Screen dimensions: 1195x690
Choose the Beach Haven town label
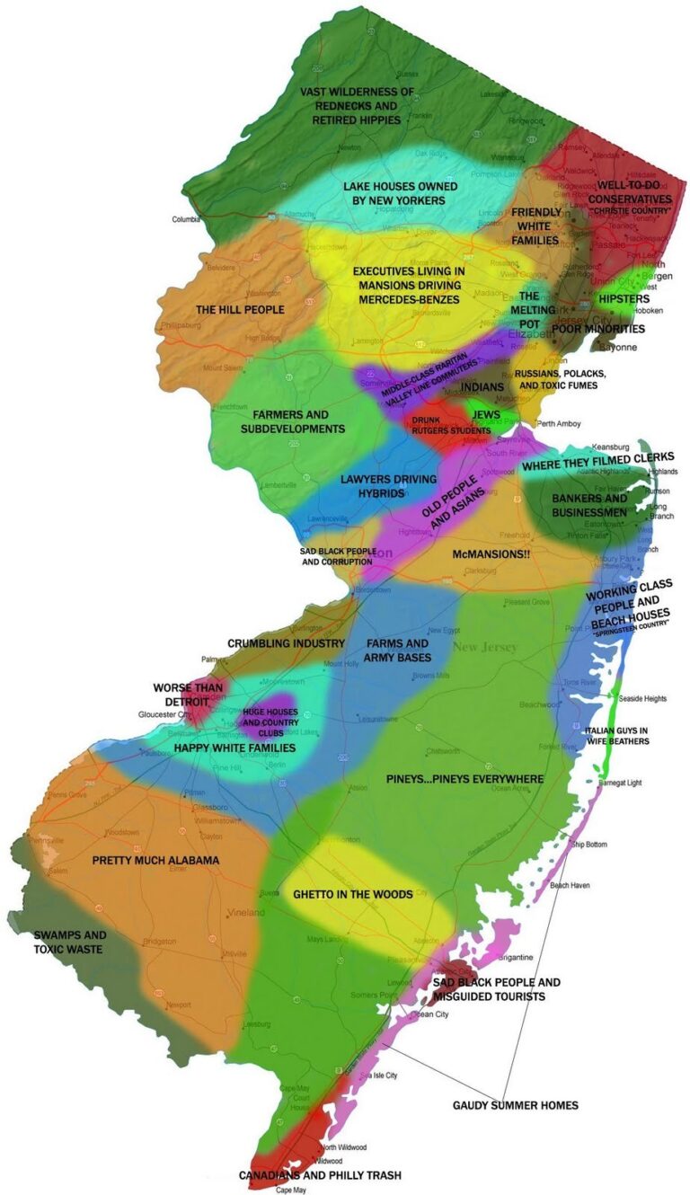click(570, 885)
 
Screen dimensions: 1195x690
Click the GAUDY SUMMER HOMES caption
click(515, 1104)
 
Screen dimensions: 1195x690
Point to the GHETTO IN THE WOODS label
click(353, 894)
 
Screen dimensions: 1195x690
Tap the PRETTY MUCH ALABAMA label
click(155, 860)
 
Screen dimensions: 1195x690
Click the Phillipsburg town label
click(181, 324)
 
